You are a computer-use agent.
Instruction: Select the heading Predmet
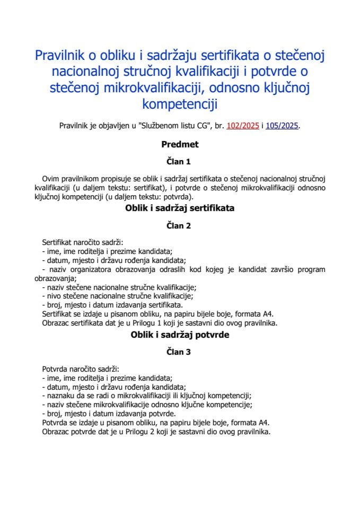pyautogui.click(x=180, y=144)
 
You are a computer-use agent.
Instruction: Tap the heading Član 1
pyautogui.click(x=180, y=161)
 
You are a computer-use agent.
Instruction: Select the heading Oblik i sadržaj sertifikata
pyautogui.click(x=180, y=208)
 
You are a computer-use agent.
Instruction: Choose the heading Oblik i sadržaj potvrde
pyautogui.click(x=180, y=335)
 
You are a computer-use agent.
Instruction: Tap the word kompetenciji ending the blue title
pyautogui.click(x=180, y=103)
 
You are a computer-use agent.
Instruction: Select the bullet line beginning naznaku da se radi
pyautogui.click(x=146, y=396)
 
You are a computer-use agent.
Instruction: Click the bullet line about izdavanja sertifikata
pyautogui.click(x=111, y=305)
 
